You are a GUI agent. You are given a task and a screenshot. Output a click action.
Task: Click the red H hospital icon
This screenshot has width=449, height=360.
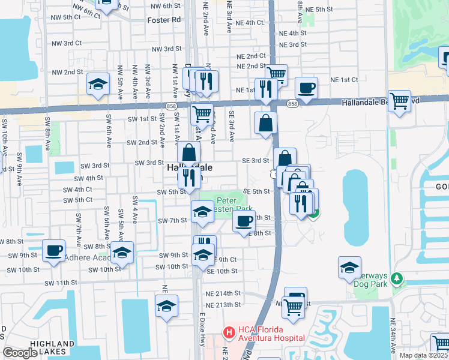click(228, 332)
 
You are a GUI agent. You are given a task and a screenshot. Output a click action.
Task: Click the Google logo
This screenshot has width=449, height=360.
click(20, 352)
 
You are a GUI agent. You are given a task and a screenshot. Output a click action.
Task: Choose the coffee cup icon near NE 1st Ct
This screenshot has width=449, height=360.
click(306, 86)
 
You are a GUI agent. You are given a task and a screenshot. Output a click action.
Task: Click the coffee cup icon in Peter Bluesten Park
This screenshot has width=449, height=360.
click(244, 221)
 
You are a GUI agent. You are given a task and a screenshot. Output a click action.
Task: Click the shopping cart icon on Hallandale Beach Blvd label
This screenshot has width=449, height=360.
click(399, 100)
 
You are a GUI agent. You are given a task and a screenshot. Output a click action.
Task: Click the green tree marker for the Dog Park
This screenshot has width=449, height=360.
click(396, 279)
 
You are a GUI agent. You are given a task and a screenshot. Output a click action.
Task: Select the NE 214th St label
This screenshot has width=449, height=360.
click(225, 293)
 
